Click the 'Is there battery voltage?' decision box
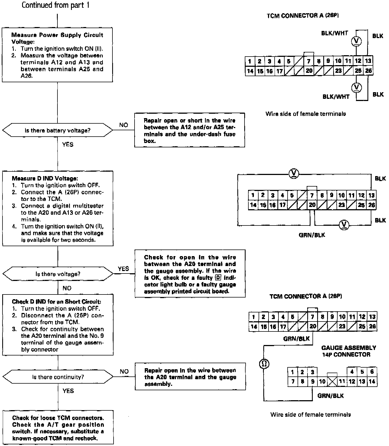tap(57, 130)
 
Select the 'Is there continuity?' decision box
tap(58, 377)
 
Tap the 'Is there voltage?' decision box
tap(58, 274)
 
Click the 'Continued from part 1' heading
tap(55, 5)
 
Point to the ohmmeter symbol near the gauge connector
tap(264, 364)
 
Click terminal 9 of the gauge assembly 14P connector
tap(312, 382)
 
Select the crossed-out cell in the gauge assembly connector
tap(332, 382)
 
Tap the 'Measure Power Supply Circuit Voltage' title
tap(57, 38)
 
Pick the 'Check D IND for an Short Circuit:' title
tap(56, 302)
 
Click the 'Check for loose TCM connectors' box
tap(58, 428)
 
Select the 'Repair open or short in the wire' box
tap(190, 130)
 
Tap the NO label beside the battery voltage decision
tap(123, 125)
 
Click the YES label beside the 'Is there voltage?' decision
tap(123, 269)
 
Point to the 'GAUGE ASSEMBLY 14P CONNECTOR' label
tap(348, 351)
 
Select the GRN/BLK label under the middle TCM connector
tap(312, 235)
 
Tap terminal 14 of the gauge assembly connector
tap(372, 382)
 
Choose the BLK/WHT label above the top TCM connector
tap(334, 33)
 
